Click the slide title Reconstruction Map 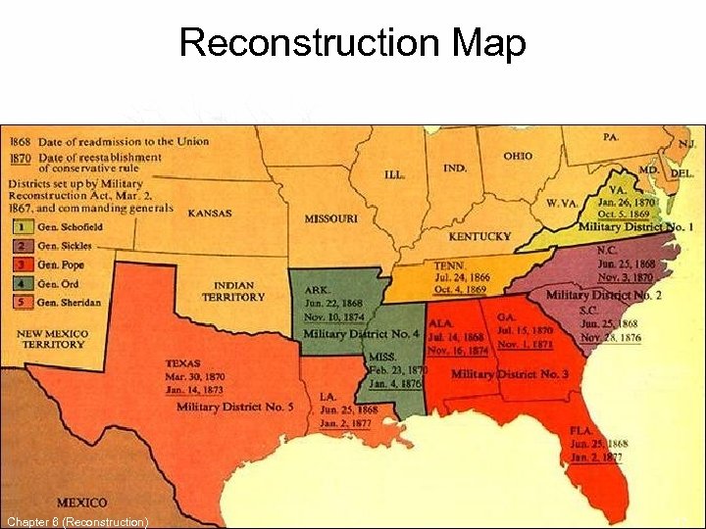point(353,44)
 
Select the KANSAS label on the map point(209,214)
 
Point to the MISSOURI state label point(330,218)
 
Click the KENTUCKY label point(479,236)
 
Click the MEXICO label point(81,503)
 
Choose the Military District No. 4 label point(361,334)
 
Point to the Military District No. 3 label point(510,374)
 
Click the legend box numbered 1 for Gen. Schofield point(22,225)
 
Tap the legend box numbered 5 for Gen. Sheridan point(22,302)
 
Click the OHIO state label point(518,157)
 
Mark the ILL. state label point(394,174)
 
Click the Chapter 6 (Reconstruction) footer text point(77,521)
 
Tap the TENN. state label point(450,264)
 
